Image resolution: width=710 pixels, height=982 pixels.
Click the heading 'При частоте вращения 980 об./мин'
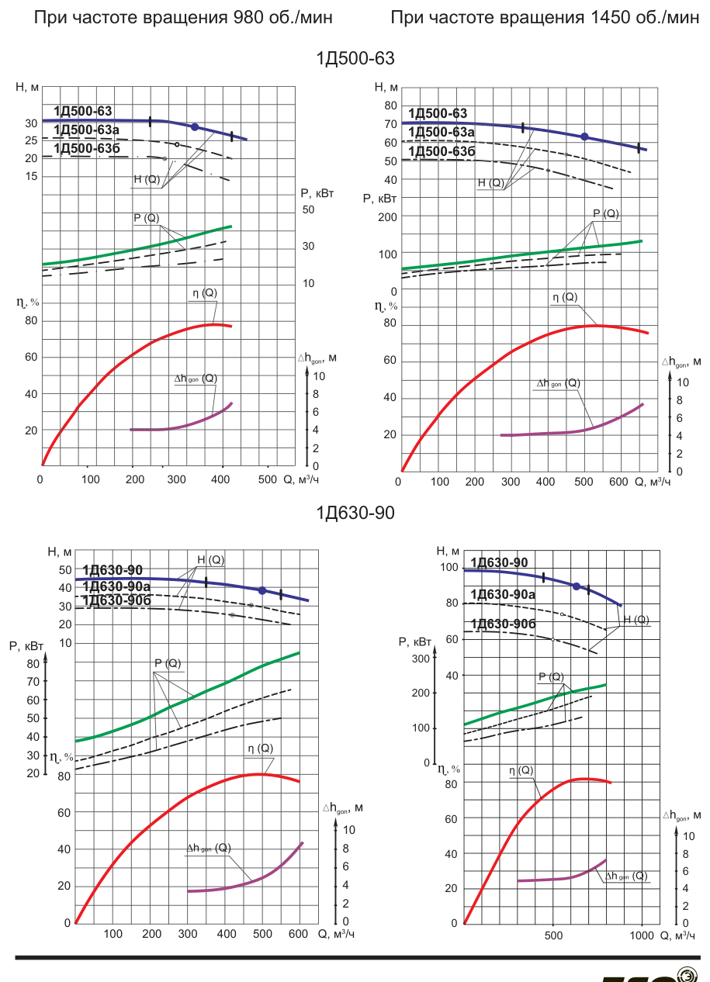click(x=183, y=18)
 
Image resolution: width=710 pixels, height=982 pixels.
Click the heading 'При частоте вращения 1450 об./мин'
click(x=545, y=18)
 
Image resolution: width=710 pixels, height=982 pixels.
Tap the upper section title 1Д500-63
click(x=355, y=58)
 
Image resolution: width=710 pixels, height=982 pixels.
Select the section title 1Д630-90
click(x=355, y=513)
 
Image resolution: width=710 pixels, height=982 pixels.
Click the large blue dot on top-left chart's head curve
click(x=195, y=126)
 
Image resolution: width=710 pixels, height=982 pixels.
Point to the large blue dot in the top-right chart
click(x=584, y=137)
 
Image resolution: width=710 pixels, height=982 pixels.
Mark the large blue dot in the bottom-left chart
click(x=262, y=590)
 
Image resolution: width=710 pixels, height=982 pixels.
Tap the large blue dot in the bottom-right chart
click(x=577, y=586)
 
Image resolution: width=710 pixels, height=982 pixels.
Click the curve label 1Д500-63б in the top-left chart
click(x=87, y=148)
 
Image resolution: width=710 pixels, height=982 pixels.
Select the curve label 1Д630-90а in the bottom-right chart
click(x=503, y=594)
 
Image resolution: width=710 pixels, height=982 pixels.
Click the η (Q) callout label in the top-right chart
click(x=565, y=297)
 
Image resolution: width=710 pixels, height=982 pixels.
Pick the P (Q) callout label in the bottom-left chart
click(x=168, y=663)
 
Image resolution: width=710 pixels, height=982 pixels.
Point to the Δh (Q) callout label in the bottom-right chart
click(x=626, y=876)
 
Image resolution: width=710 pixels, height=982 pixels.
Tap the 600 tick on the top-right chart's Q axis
click(x=618, y=482)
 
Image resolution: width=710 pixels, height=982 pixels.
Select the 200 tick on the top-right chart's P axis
click(x=388, y=217)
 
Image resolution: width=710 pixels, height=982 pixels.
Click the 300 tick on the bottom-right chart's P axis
click(x=421, y=659)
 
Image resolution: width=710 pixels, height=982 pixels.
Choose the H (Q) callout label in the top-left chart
click(x=147, y=179)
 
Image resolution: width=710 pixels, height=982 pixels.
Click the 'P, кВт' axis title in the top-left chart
click(x=317, y=193)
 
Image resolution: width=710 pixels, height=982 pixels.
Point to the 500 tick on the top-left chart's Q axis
click(x=268, y=479)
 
